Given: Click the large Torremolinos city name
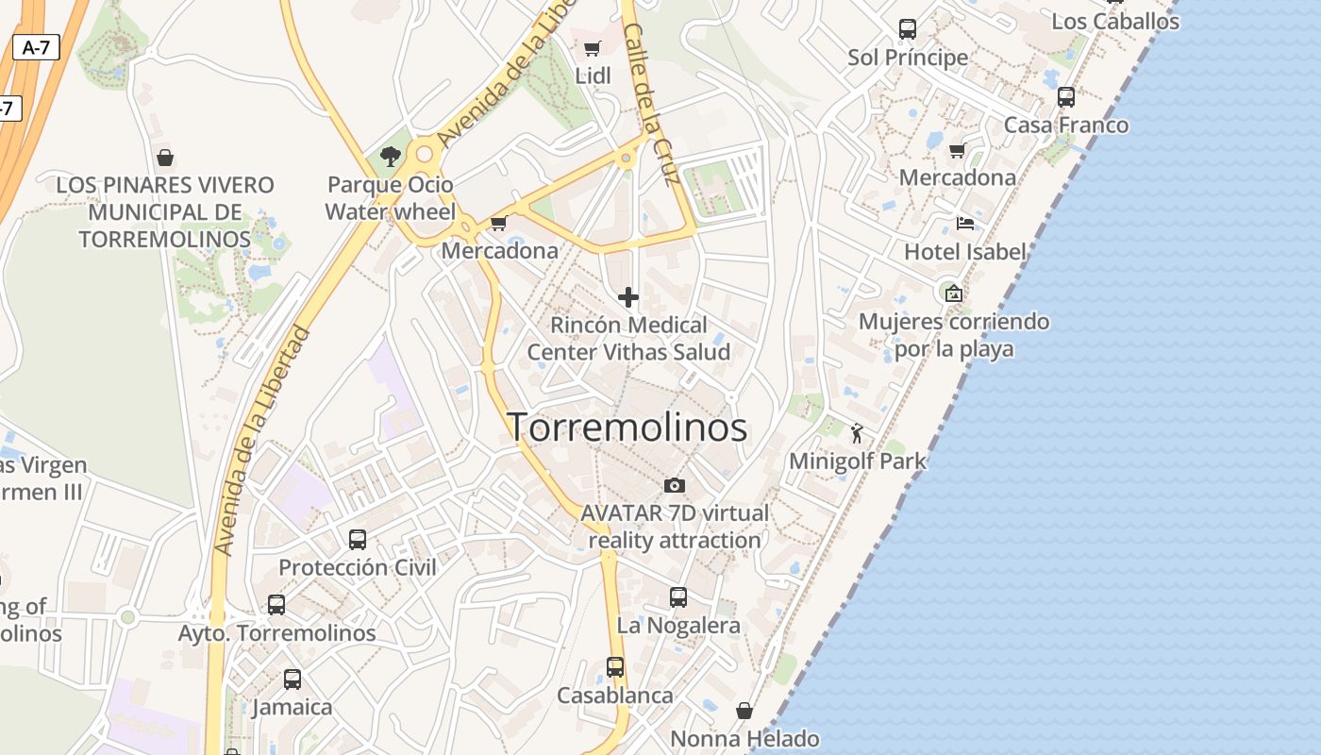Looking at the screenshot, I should pos(627,428).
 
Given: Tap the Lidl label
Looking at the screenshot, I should pos(593,75).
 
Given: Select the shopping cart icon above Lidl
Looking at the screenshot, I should pos(593,48).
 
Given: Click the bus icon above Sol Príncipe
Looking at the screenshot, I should pos(908,29).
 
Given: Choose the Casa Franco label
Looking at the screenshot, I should pos(1065,125).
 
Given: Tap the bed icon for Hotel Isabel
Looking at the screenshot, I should pos(964,224).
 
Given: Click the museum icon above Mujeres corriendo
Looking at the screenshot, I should pos(953,294).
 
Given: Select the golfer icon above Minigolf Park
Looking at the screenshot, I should pos(857,433).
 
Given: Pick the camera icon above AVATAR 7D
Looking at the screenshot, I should pos(675,485).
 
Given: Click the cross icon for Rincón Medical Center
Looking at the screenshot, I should pos(628,298).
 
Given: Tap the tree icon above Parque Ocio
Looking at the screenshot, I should pos(391,156).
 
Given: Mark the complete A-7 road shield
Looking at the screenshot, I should pos(36,47).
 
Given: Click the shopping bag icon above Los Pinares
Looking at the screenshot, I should pos(165,157).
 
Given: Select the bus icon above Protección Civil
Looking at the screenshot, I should pos(358,540).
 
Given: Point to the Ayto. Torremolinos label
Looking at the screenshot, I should pos(277,633).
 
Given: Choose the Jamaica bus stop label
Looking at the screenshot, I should pos(293,707).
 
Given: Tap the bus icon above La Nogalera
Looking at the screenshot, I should pos(678,597).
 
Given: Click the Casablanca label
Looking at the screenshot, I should pos(615,696).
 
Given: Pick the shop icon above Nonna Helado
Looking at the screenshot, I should pos(744,711).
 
